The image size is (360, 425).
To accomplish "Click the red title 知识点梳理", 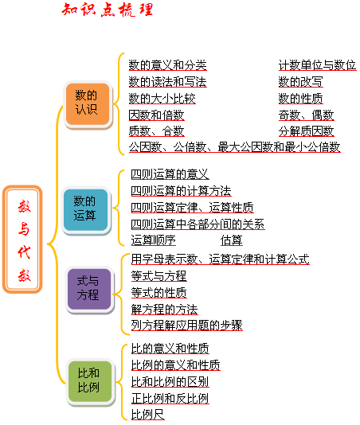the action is [108, 10].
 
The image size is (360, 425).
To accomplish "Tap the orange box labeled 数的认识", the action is [88, 104].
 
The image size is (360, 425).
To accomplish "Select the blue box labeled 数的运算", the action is [86, 209].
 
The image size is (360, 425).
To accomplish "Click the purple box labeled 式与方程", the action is [89, 289].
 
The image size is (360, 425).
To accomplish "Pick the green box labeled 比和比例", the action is [90, 380].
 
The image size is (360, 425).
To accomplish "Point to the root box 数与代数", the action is [22, 240].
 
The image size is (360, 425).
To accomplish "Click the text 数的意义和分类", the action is [168, 65].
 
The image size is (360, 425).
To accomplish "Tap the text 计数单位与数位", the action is [317, 65].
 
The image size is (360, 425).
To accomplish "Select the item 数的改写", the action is [300, 82].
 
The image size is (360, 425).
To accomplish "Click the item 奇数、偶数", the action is [306, 115].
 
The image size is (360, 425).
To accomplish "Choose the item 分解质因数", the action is [306, 131].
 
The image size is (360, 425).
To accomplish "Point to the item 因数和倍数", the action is [157, 115].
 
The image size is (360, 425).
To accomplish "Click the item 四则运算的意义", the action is [170, 174].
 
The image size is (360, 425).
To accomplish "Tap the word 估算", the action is [232, 240].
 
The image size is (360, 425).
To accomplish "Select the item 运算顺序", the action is [153, 240].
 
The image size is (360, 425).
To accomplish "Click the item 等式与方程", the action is [158, 276].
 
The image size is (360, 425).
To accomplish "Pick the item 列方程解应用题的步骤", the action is [186, 326].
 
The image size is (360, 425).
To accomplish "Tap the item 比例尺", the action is [148, 415].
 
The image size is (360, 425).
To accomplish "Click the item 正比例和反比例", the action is [170, 399].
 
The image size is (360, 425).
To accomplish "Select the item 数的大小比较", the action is [162, 99].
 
